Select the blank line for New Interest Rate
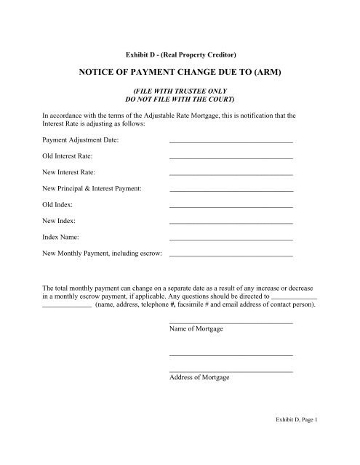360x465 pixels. coord(231,176)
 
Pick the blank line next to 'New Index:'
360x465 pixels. coord(231,224)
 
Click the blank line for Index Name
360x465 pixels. coord(231,240)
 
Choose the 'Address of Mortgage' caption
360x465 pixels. coord(199,379)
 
